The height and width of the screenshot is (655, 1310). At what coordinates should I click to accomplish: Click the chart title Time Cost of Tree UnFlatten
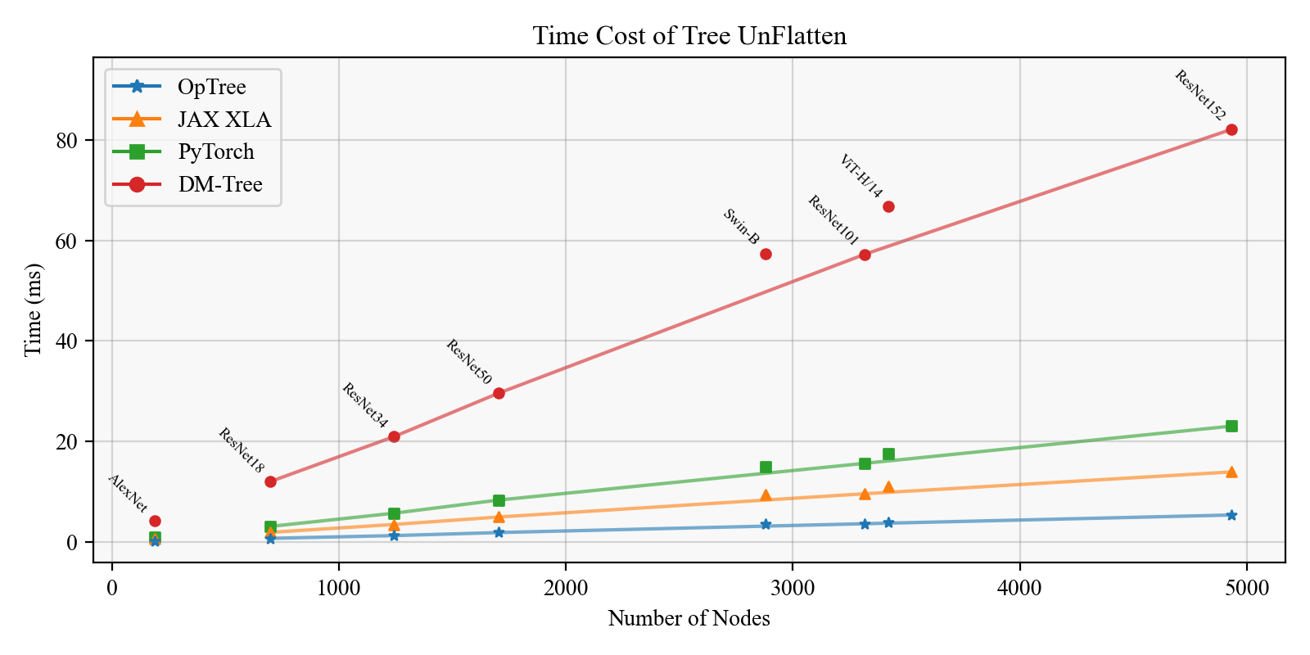tap(689, 36)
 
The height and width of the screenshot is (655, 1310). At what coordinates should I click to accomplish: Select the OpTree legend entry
tap(211, 87)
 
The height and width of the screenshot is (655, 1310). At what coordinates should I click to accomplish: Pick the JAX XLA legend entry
tap(224, 120)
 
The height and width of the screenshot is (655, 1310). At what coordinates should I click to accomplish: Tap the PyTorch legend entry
tap(216, 151)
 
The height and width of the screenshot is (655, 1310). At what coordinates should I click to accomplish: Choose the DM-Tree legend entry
tap(220, 184)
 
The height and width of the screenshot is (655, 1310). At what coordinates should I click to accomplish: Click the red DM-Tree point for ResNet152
tap(1231, 130)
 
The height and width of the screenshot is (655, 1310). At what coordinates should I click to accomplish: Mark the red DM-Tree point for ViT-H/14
tap(888, 207)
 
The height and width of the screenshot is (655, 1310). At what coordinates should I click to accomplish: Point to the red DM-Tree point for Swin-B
tap(766, 254)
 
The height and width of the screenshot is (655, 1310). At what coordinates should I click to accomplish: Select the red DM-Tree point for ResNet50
tap(499, 393)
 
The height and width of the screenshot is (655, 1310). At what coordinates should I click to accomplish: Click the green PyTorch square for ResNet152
tap(1231, 426)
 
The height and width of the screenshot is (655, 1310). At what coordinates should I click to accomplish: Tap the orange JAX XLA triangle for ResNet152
tap(1231, 472)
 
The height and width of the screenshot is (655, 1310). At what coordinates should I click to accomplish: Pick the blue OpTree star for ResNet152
tap(1231, 515)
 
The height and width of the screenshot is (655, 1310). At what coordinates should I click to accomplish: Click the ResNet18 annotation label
tap(242, 450)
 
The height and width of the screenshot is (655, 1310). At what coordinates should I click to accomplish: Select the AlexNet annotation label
tap(128, 493)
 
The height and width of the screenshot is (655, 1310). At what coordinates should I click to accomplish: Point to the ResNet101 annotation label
tap(833, 220)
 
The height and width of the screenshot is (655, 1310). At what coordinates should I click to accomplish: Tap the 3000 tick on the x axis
tap(792, 589)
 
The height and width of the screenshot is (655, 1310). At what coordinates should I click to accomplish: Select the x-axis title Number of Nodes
tap(689, 619)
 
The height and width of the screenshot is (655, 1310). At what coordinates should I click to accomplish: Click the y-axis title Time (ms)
tap(33, 309)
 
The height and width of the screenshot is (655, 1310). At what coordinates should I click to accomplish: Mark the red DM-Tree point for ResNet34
tap(394, 436)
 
